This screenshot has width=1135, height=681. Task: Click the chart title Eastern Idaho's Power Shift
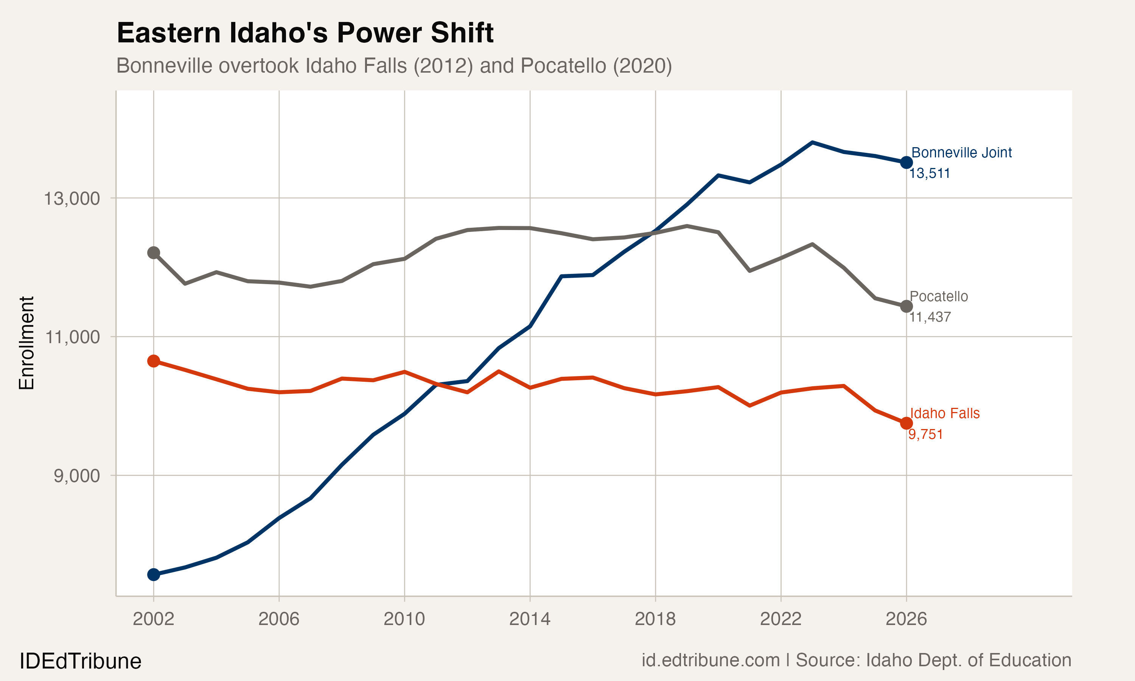[305, 33]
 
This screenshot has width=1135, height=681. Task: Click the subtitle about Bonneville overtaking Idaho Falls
[393, 65]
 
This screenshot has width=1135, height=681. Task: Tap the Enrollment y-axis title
[26, 343]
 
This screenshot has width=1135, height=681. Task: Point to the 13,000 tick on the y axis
[72, 199]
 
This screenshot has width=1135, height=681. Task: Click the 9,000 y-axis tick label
[77, 476]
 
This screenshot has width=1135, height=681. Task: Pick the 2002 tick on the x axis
[153, 619]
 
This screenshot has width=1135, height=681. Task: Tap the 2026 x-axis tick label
[906, 619]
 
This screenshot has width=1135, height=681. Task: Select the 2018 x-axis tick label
[655, 619]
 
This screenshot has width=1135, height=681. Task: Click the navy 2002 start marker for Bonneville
[154, 575]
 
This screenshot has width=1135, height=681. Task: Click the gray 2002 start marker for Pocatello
[154, 253]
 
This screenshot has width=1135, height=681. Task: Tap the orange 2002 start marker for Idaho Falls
[154, 361]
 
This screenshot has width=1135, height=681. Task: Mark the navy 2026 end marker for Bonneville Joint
[906, 162]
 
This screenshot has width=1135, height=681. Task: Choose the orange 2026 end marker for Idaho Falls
[906, 423]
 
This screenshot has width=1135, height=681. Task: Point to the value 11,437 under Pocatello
[930, 317]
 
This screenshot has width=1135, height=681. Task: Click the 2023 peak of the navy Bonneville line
[813, 143]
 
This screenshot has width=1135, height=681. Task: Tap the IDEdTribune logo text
[80, 661]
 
